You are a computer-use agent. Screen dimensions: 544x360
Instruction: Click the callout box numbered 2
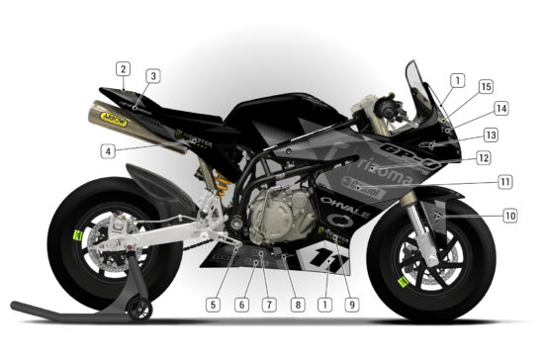click(123, 69)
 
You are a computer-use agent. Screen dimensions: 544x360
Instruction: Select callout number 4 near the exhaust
click(107, 151)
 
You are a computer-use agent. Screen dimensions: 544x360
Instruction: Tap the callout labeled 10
click(510, 215)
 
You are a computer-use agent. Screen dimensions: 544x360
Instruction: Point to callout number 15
click(486, 87)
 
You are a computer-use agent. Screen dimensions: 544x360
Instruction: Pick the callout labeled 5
click(214, 305)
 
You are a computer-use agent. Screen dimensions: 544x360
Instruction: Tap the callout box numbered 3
click(153, 76)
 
